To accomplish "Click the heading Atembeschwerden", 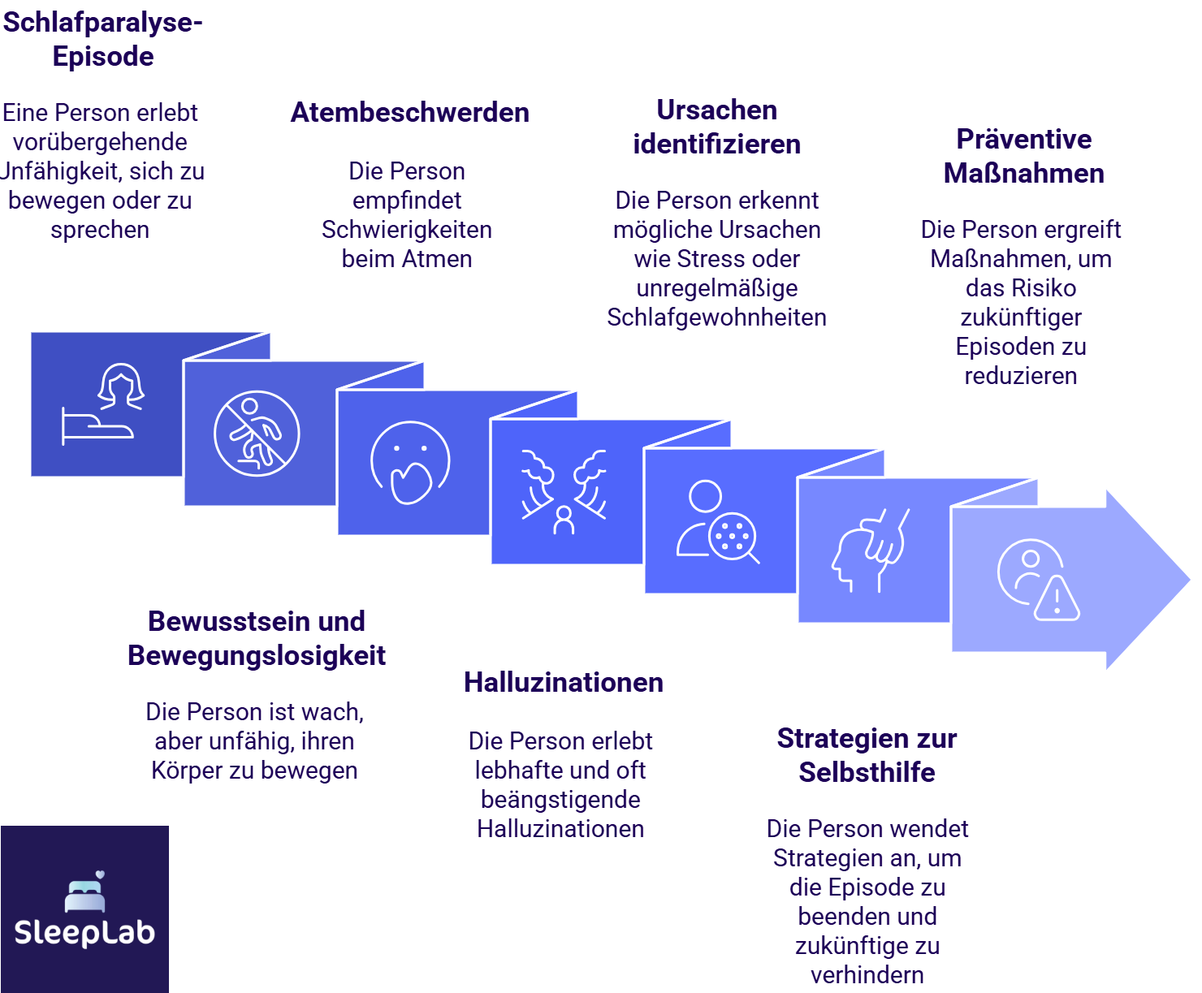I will pyautogui.click(x=409, y=112).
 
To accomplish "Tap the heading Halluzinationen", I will pyautogui.click(x=563, y=682).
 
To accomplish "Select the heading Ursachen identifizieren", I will pyautogui.click(x=716, y=127).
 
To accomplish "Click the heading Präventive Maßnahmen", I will pyautogui.click(x=1023, y=156).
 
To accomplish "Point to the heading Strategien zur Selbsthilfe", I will pyautogui.click(x=867, y=755).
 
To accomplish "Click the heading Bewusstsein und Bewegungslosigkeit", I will pyautogui.click(x=257, y=638).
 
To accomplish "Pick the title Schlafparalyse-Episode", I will pyautogui.click(x=102, y=39).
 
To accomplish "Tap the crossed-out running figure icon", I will pyautogui.click(x=257, y=434).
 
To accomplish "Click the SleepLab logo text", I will pyautogui.click(x=84, y=932).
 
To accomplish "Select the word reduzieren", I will pyautogui.click(x=1021, y=376).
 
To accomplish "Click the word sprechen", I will pyautogui.click(x=100, y=230).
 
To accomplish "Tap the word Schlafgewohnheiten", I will pyautogui.click(x=716, y=317).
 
